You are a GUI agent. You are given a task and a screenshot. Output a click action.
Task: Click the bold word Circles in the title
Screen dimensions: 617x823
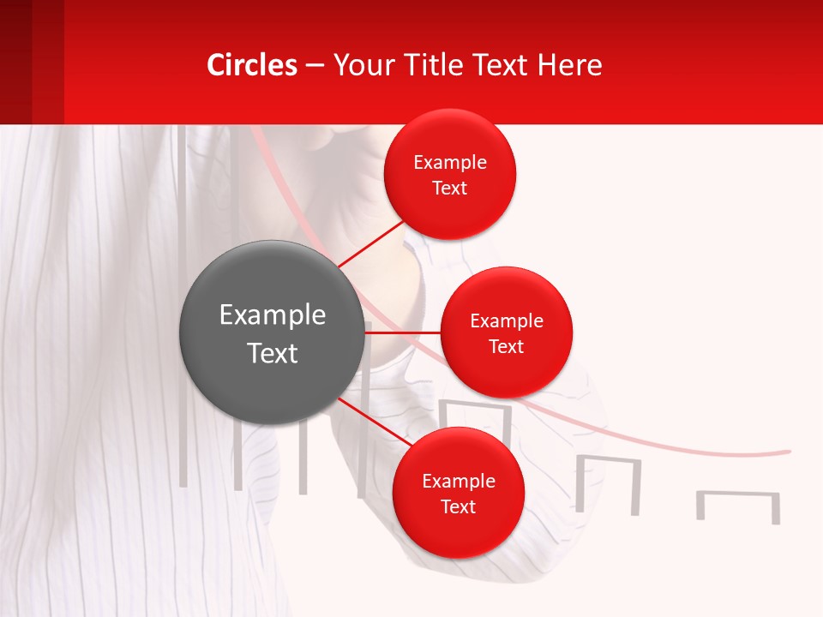click(252, 64)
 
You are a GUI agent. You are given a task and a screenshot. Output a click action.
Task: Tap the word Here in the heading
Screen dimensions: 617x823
click(570, 64)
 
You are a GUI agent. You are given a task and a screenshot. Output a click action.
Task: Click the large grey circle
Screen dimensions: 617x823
click(272, 332)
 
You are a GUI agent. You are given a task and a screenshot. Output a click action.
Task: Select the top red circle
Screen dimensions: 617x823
click(450, 174)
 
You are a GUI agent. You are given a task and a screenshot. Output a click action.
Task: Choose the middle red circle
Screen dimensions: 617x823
click(506, 332)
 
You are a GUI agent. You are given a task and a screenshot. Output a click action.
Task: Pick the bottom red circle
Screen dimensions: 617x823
click(458, 493)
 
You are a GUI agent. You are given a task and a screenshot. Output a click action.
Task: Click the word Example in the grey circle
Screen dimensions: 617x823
click(272, 314)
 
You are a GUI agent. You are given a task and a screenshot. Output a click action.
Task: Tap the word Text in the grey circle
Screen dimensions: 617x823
click(272, 352)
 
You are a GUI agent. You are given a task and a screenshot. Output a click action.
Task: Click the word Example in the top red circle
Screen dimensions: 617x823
click(450, 162)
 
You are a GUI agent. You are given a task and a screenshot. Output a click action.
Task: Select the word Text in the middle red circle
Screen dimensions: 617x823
click(506, 346)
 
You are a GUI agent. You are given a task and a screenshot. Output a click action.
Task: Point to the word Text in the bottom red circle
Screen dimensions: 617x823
click(458, 506)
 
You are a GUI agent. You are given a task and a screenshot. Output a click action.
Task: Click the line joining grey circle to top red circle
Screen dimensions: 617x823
click(371, 243)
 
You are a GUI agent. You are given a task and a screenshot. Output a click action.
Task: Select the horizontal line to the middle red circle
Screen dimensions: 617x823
click(402, 332)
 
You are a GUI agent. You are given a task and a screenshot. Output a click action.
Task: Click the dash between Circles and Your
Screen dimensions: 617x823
click(315, 65)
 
